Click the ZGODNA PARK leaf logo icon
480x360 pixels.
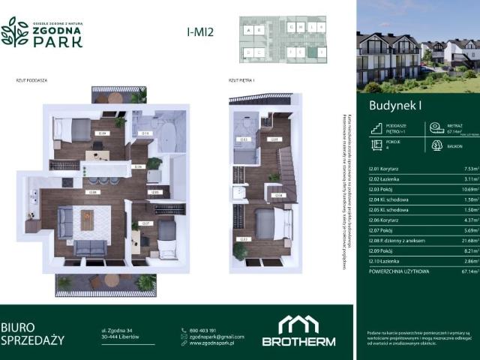pos(15,31)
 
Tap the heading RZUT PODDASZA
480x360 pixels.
pos(31,79)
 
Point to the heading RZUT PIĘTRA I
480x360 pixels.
pos(242,79)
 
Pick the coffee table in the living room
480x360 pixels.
pos(87,220)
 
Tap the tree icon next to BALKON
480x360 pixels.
pos(437,145)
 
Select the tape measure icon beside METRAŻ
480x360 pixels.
pos(437,127)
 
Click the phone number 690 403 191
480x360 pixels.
pos(203,330)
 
